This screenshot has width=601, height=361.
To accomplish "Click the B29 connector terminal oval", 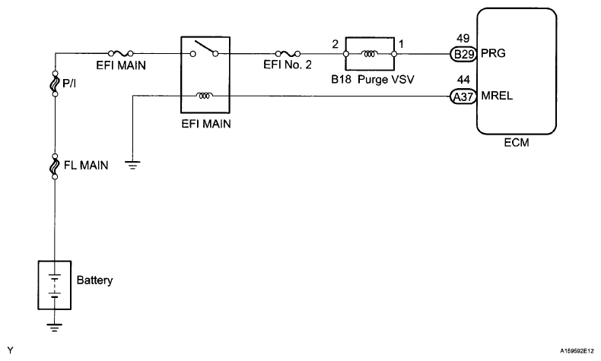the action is (x=463, y=54).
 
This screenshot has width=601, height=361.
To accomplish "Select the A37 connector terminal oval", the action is (x=463, y=97).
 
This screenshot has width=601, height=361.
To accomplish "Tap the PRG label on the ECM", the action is (x=493, y=53).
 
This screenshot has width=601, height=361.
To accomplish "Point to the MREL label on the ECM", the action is (x=497, y=96).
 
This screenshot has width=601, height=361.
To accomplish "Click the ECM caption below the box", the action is (x=517, y=143).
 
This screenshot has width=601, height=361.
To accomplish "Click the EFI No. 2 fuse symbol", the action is (x=288, y=54).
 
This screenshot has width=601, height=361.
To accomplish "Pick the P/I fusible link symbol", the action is (x=56, y=83).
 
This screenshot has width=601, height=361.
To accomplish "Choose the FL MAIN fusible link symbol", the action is (x=56, y=166).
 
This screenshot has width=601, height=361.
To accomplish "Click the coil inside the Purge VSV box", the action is (x=370, y=54).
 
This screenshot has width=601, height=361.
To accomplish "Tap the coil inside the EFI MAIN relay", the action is (x=205, y=95).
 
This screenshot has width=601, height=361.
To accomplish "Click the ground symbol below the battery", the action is (x=54, y=328).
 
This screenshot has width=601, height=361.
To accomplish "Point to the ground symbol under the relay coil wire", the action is (x=132, y=165).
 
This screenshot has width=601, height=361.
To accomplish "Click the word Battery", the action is (x=94, y=280).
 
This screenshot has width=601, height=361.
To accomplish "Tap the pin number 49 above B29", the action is (x=463, y=38).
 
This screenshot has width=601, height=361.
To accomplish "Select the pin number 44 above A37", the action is (x=463, y=80).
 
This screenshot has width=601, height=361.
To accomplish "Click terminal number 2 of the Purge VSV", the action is (x=335, y=44).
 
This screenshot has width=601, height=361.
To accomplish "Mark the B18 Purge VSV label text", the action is (x=373, y=80).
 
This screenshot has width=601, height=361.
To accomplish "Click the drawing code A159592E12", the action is (x=577, y=350).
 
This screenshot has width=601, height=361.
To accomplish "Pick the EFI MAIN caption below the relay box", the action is (x=206, y=124).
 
